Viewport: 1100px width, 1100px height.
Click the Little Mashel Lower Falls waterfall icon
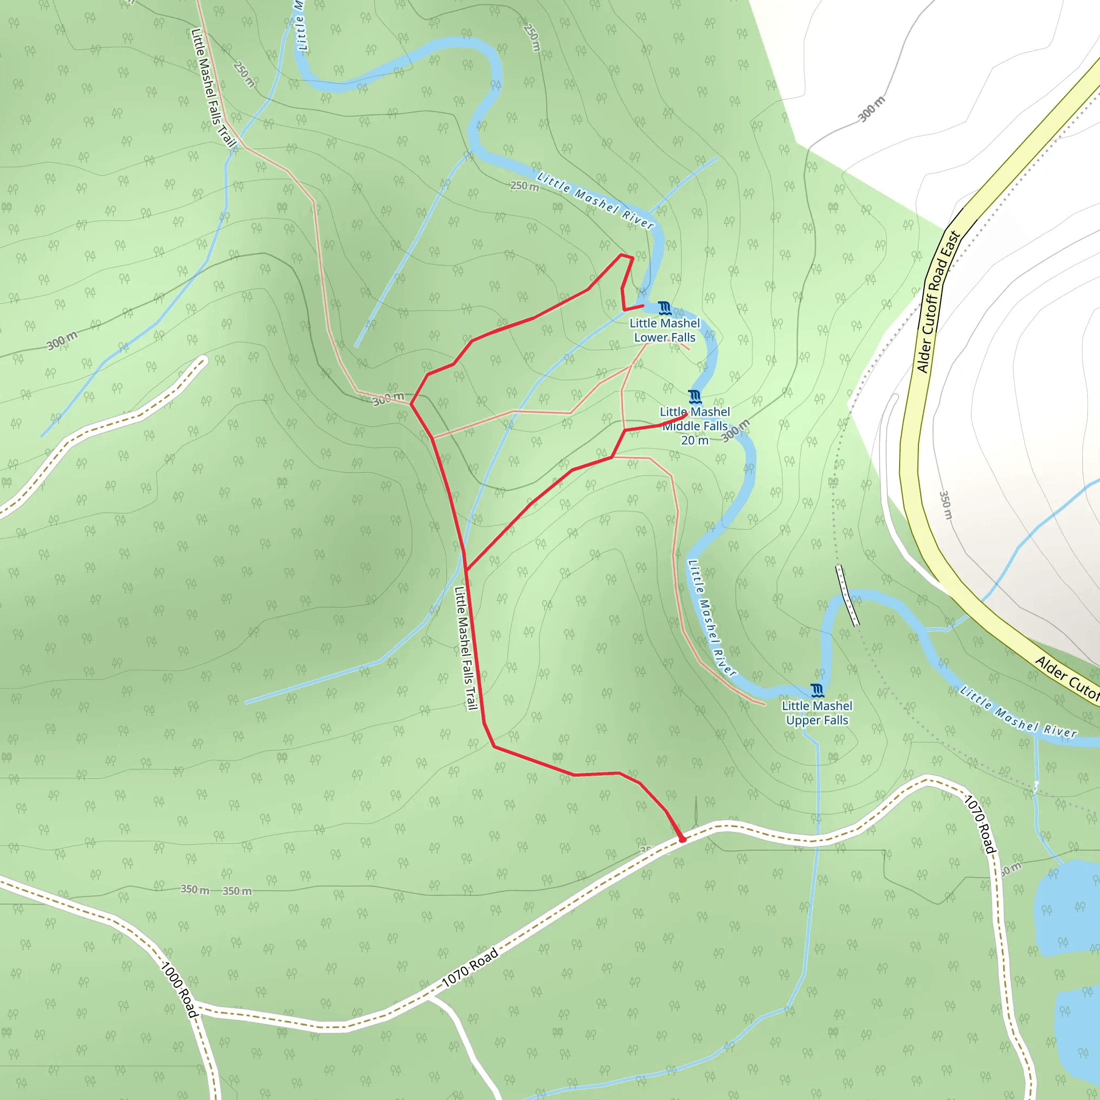click(664, 309)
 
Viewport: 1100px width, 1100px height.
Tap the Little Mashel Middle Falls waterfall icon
click(694, 397)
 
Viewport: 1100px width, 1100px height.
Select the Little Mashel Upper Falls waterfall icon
click(817, 691)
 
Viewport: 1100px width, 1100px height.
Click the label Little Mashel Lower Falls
click(664, 330)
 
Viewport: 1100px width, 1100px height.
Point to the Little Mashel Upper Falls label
click(817, 713)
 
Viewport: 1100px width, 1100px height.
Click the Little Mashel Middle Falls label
click(694, 425)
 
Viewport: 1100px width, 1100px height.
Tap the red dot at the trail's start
click(683, 840)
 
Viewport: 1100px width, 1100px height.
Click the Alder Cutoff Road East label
click(938, 302)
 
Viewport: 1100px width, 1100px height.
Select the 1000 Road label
click(179, 989)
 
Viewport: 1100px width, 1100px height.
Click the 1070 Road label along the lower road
click(471, 967)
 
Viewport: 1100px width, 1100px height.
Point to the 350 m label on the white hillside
click(945, 505)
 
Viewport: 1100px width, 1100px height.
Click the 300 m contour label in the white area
click(872, 108)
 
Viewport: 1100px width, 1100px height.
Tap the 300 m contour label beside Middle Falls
click(736, 430)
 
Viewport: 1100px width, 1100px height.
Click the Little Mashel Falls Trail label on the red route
click(465, 648)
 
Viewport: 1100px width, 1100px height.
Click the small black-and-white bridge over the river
click(847, 596)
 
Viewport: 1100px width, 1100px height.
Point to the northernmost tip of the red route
click(622, 255)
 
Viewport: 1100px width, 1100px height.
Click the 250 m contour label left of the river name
click(524, 186)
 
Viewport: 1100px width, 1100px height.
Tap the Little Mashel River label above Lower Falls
click(596, 201)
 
